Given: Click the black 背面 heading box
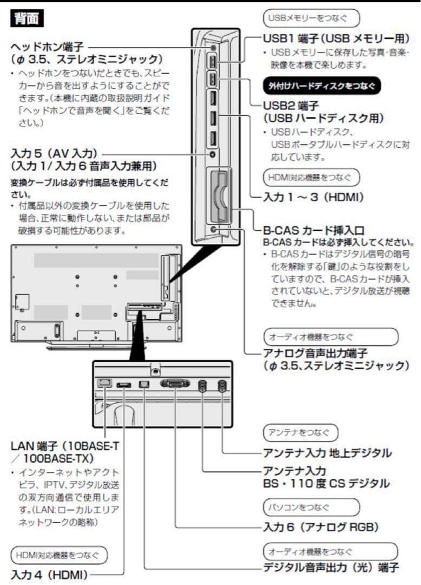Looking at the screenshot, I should (x=28, y=19).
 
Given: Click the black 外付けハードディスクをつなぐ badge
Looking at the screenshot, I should (x=321, y=85).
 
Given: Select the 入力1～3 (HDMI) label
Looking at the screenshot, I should (x=313, y=197).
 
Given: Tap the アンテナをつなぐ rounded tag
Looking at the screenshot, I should (x=300, y=432).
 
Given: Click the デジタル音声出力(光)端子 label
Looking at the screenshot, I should (x=331, y=568).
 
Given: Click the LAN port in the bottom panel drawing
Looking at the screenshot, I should (x=104, y=382).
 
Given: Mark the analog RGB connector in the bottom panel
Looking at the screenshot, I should (x=175, y=383).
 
